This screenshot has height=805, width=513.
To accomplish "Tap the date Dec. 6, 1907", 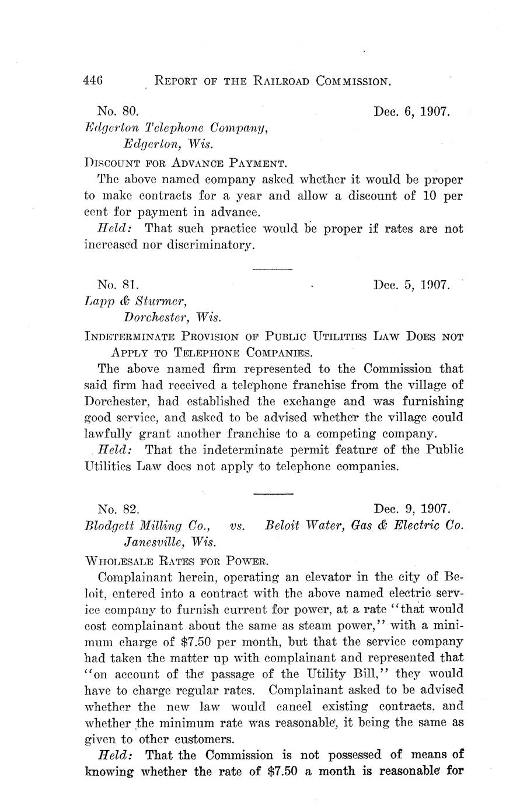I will click(411, 111).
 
